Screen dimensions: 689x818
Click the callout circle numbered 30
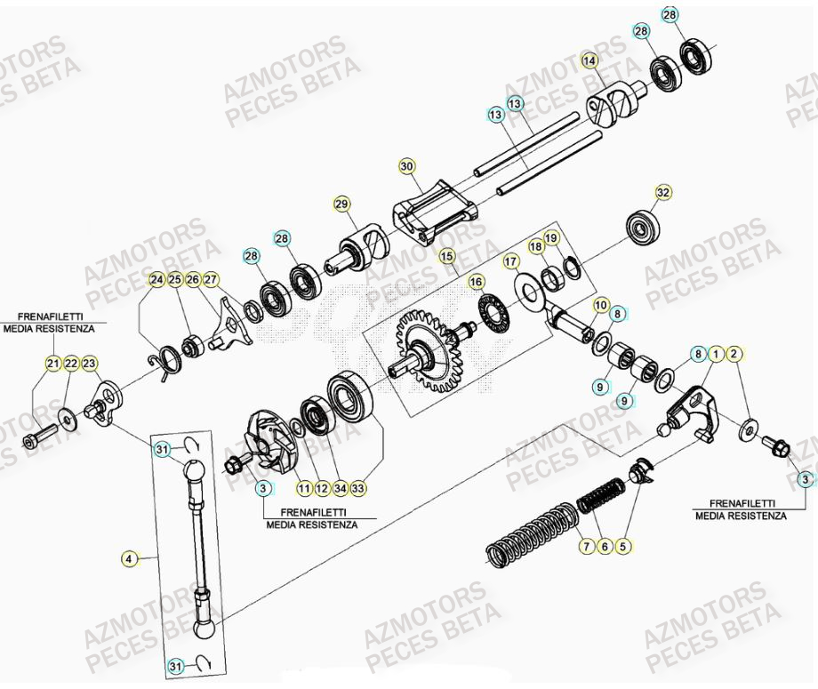[x=406, y=166]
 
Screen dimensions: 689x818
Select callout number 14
[x=588, y=60]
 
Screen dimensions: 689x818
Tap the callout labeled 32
[x=662, y=192]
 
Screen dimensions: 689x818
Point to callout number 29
[x=341, y=204]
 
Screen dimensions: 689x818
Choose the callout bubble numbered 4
[x=131, y=559]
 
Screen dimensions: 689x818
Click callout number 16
[x=477, y=281]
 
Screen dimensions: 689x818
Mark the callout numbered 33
[x=358, y=488]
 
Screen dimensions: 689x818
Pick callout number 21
[x=52, y=363]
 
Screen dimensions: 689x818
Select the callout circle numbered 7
[x=585, y=546]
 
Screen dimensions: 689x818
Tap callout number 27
[x=210, y=280]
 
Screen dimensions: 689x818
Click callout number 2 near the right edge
[x=734, y=354]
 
